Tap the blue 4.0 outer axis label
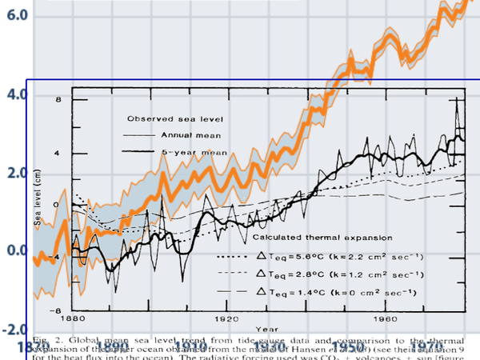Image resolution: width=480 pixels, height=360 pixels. pos(17,95)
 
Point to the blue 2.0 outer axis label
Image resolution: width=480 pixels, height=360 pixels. pos(17,173)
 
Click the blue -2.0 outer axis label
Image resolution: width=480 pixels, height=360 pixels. pos(14,330)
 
